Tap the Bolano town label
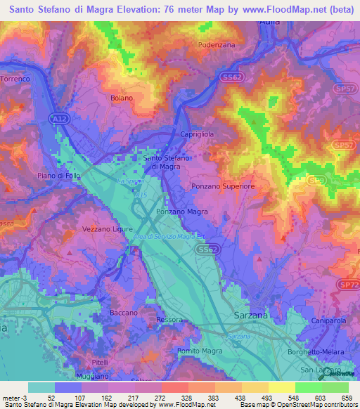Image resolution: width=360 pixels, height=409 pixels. [x=121, y=98]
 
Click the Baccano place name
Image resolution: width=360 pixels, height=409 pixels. [x=124, y=312]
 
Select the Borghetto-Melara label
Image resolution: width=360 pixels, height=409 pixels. [x=313, y=351]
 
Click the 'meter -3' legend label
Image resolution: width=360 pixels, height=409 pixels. [x=14, y=397]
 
